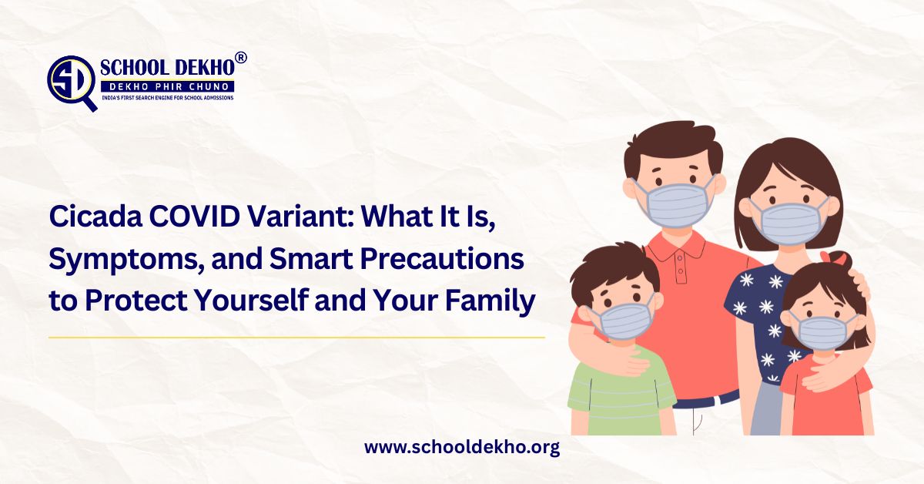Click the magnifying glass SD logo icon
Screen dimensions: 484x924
72,80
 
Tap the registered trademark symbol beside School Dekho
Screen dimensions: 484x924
240,59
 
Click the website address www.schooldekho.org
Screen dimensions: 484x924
461,448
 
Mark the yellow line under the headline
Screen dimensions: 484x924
296,337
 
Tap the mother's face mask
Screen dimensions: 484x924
787,221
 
